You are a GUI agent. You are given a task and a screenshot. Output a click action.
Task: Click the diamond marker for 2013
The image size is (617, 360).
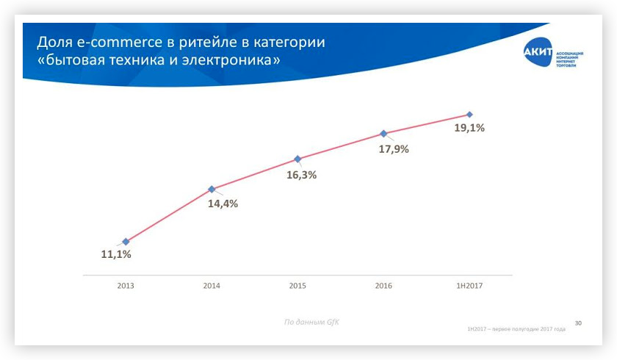[126, 241]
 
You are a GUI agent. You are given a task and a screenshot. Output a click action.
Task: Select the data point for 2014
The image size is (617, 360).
[212, 189]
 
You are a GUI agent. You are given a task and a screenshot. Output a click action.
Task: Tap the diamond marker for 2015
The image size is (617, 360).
[297, 159]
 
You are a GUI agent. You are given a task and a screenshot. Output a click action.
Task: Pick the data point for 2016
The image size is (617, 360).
[383, 134]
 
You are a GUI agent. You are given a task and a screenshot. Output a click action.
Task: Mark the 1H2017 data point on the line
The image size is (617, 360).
[469, 115]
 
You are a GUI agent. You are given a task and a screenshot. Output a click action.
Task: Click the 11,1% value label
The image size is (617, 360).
[116, 254]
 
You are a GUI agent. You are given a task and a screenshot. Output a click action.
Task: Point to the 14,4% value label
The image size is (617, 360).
[223, 204]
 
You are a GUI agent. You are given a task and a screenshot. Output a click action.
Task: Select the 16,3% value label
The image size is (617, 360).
[301, 175]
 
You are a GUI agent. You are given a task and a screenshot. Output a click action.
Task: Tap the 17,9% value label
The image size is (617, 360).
[394, 148]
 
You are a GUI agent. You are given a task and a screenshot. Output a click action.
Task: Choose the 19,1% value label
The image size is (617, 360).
[469, 127]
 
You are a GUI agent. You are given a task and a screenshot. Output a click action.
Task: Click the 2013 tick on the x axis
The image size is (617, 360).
[126, 285]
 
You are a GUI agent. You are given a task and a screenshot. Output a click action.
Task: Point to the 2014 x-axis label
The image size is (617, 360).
[212, 285]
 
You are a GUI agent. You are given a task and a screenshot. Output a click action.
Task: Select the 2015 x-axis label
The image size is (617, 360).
[297, 285]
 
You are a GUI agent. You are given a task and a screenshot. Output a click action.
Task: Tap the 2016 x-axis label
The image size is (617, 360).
[383, 285]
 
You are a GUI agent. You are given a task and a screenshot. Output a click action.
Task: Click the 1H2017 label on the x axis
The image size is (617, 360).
[469, 285]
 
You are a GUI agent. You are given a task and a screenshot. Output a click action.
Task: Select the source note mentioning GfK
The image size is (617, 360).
[311, 322]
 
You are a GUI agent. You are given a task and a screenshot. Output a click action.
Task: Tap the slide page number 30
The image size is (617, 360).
[578, 323]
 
